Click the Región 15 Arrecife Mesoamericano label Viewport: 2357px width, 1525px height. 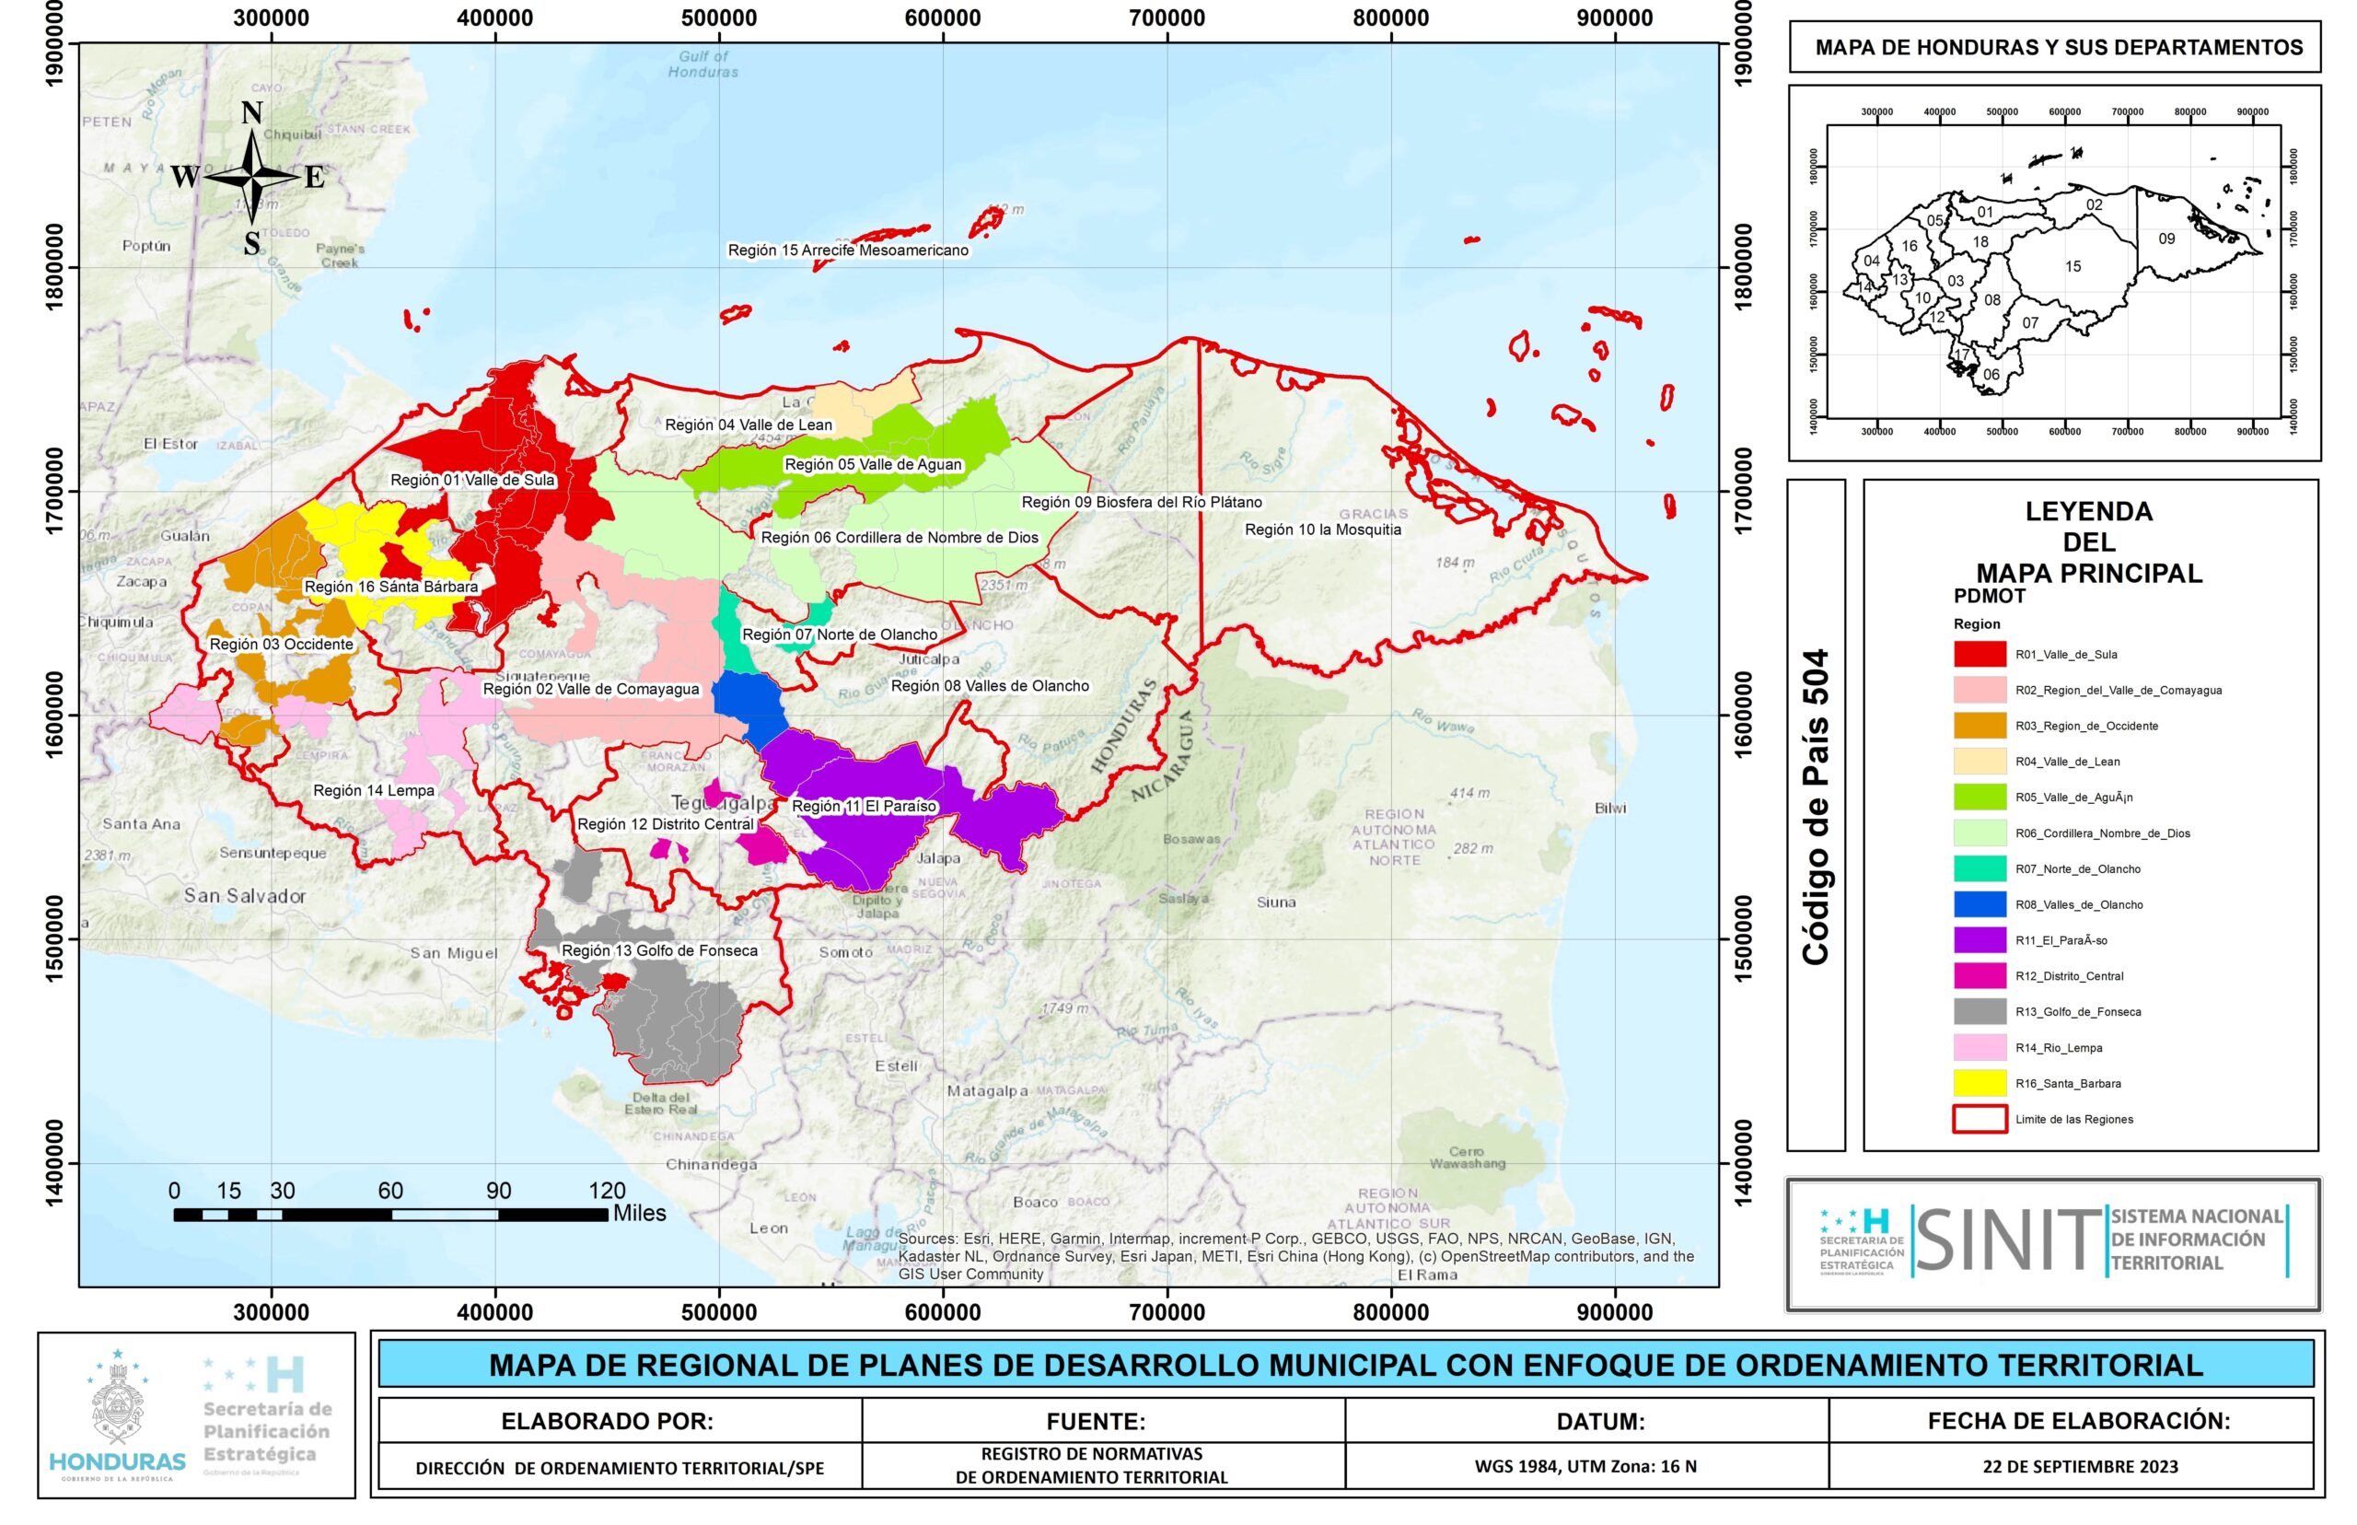[x=847, y=250]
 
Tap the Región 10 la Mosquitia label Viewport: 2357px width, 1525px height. [x=1322, y=530]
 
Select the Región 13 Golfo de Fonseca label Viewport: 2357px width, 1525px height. [x=659, y=950]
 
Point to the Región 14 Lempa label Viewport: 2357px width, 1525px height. [x=373, y=791]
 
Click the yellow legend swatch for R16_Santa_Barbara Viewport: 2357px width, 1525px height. [x=1979, y=1083]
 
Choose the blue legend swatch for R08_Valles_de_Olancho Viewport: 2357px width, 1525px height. [x=1979, y=904]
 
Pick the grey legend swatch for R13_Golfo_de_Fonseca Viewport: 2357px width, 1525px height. [x=1979, y=1012]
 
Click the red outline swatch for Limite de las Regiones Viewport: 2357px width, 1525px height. [x=1979, y=1119]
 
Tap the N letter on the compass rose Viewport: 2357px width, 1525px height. [x=251, y=114]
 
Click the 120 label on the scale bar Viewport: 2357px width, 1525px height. [x=607, y=1192]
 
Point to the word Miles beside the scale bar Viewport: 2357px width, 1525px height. [x=640, y=1214]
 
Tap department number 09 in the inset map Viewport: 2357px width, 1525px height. [x=2165, y=239]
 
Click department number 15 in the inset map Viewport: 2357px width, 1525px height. [x=2073, y=266]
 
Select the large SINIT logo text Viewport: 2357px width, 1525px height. [x=2006, y=1240]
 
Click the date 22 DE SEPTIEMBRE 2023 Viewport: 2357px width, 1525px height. [x=2080, y=1468]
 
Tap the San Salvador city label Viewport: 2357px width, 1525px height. [x=245, y=896]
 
